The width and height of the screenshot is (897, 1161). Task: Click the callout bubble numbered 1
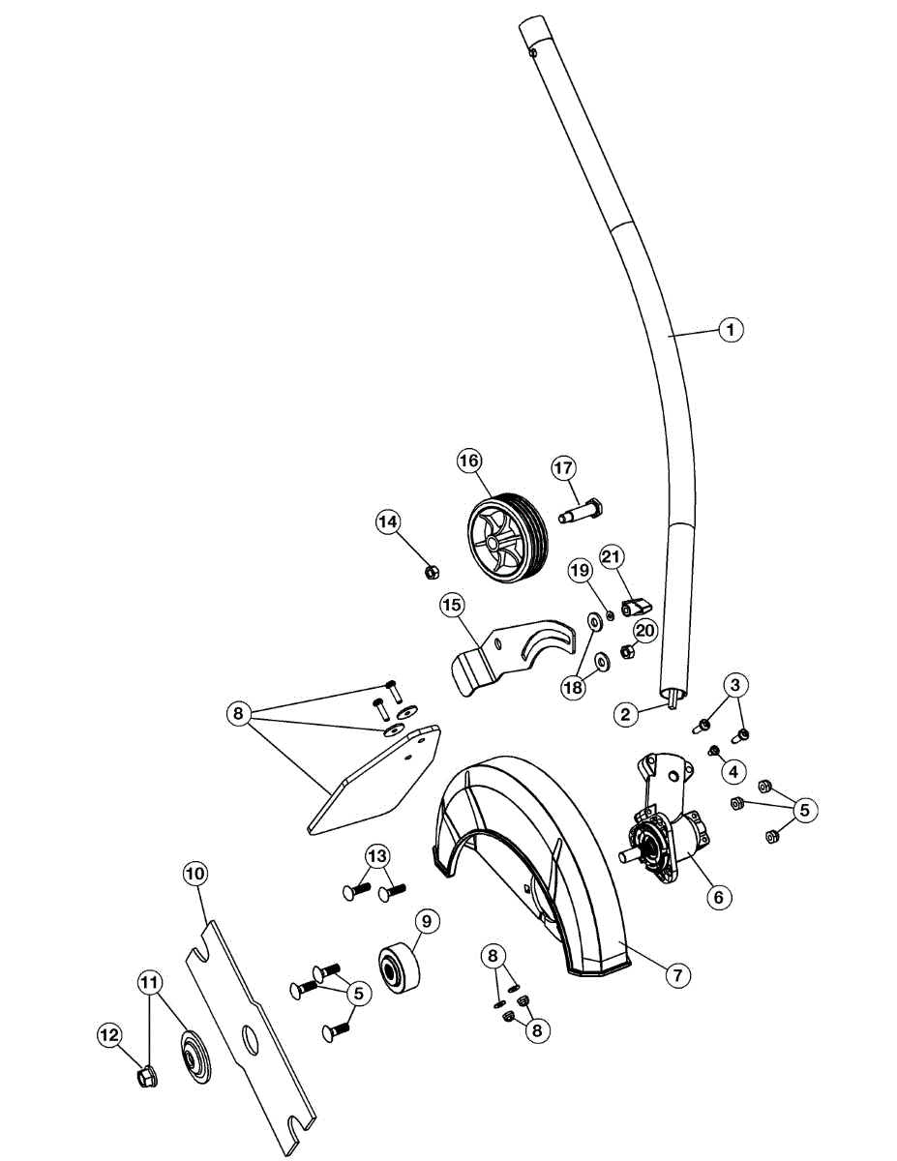[731, 330]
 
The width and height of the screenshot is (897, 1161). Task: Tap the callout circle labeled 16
[469, 461]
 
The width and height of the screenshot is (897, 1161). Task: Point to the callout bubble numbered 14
[388, 521]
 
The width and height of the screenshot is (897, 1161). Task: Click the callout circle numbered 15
[450, 606]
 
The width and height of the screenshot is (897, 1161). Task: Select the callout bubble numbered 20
[645, 630]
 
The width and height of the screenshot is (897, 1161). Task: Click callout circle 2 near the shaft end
[626, 715]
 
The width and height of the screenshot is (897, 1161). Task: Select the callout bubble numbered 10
[195, 873]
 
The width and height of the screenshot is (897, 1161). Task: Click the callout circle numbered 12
[108, 1035]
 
